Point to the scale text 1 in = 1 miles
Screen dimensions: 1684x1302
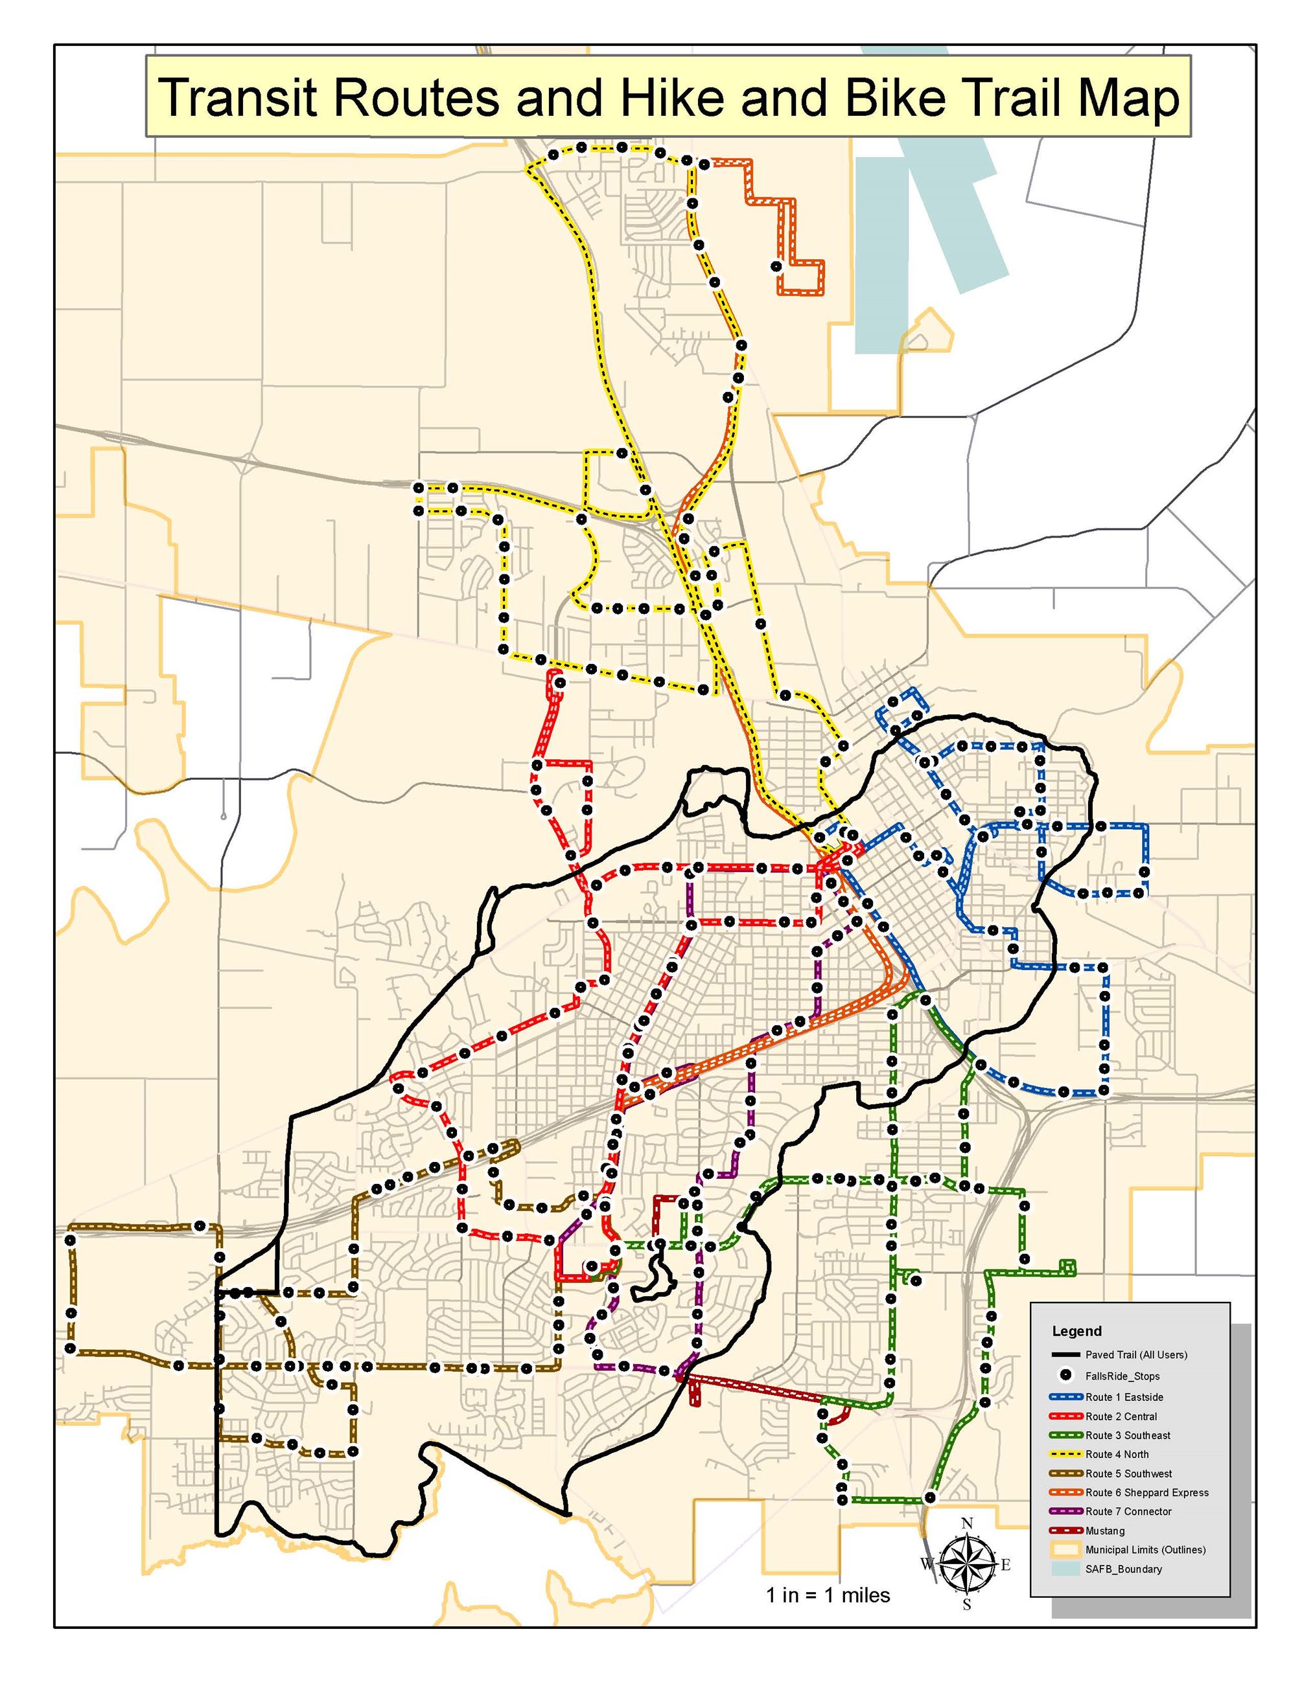tap(828, 1617)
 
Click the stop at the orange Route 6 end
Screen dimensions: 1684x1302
tap(776, 267)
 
